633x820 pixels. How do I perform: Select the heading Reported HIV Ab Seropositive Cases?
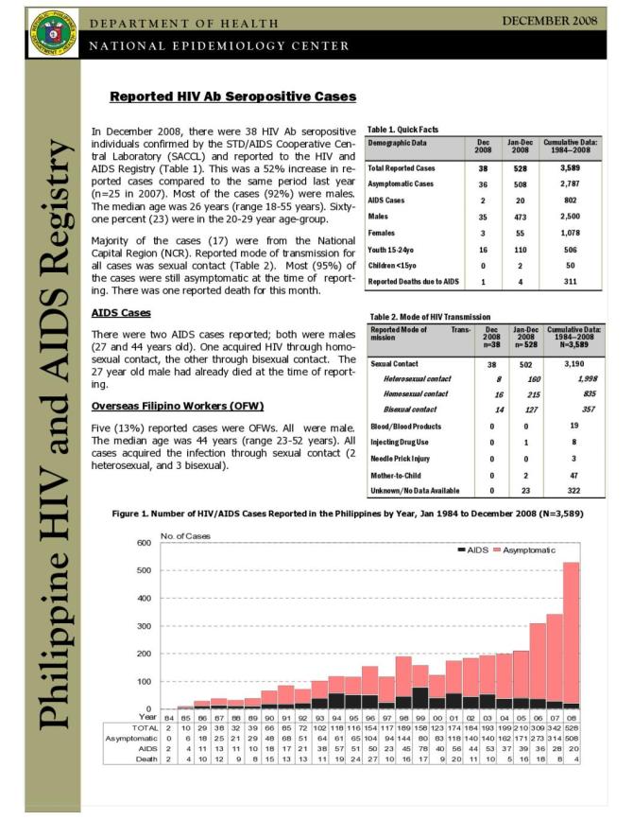click(x=232, y=96)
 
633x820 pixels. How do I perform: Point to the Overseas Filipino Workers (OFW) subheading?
click(x=178, y=406)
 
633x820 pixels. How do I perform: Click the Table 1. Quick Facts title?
click(x=401, y=129)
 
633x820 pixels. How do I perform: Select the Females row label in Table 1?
click(x=385, y=232)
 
